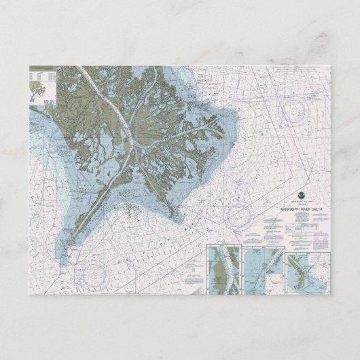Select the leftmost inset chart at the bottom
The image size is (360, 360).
223,270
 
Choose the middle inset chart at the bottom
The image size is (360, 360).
264,270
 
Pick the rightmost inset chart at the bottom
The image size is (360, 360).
307,270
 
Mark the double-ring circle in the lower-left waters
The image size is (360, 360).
92,274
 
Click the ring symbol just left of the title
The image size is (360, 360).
239,216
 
